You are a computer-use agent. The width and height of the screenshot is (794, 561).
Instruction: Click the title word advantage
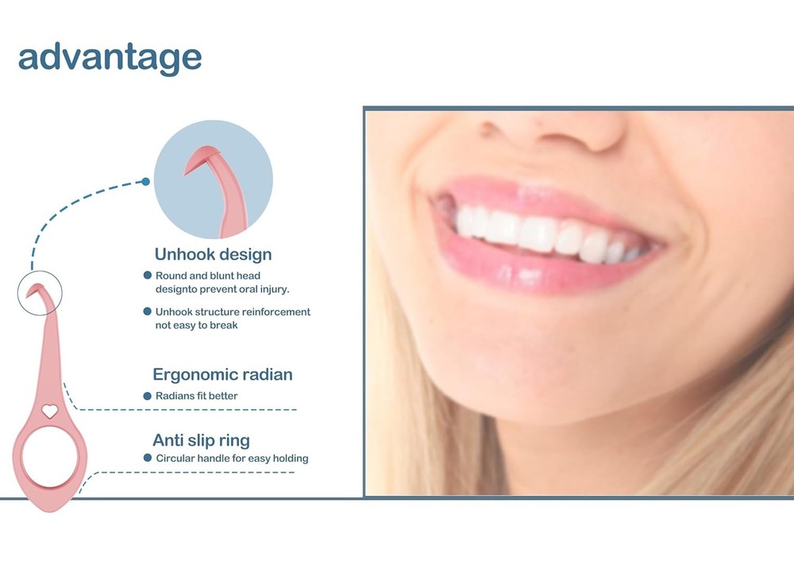click(x=110, y=57)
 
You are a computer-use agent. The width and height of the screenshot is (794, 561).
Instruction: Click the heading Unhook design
click(x=213, y=255)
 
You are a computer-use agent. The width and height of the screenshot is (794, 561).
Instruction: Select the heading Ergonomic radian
click(x=222, y=375)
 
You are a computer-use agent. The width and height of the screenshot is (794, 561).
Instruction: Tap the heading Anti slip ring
click(x=201, y=440)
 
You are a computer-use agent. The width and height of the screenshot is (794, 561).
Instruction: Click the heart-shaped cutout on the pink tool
click(x=49, y=411)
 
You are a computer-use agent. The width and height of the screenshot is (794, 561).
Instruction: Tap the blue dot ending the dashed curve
click(x=146, y=182)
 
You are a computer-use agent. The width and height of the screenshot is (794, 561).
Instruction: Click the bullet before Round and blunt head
click(x=148, y=275)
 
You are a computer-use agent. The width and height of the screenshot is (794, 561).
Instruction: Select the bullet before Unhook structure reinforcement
click(x=148, y=312)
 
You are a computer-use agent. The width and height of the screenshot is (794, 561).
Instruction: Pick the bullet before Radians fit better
click(x=148, y=396)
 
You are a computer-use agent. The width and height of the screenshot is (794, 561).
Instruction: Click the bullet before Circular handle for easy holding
click(x=148, y=459)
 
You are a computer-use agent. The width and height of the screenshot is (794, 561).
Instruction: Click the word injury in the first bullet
click(x=273, y=289)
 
